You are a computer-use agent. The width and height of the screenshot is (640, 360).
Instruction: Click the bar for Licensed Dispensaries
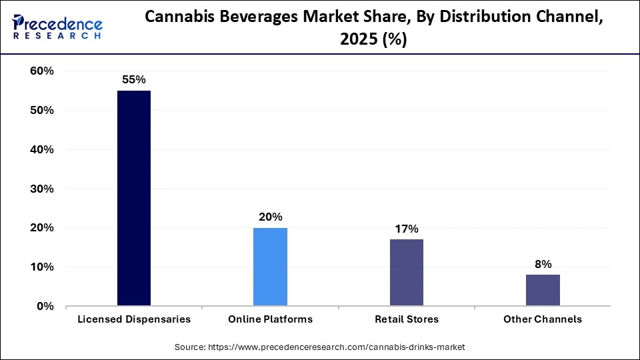click(x=134, y=198)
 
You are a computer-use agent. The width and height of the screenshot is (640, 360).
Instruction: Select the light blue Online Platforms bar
click(x=270, y=267)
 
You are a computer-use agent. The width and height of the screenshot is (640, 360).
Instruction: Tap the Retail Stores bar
click(x=406, y=273)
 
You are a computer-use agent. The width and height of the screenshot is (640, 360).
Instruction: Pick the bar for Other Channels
click(x=543, y=290)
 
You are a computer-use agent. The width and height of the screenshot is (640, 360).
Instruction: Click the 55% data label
click(x=134, y=79)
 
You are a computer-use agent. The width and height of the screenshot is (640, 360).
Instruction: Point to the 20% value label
click(x=271, y=217)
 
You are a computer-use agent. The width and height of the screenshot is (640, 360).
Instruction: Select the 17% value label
click(x=407, y=229)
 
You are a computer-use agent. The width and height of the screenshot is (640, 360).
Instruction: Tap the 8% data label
click(x=543, y=264)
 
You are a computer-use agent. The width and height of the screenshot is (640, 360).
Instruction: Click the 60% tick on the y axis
click(x=41, y=71)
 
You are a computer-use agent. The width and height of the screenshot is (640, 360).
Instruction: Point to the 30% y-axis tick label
click(x=41, y=189)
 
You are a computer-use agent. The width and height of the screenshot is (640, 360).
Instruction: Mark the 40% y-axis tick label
click(x=41, y=150)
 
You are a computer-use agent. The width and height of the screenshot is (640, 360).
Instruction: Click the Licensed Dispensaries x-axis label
click(x=134, y=319)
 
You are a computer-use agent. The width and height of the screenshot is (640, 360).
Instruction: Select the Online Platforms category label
click(x=270, y=319)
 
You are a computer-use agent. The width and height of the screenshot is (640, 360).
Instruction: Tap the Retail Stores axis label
click(x=406, y=319)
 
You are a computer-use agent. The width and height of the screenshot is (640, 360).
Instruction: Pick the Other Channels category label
click(x=543, y=319)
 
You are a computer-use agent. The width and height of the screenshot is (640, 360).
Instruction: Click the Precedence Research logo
click(x=57, y=27)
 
